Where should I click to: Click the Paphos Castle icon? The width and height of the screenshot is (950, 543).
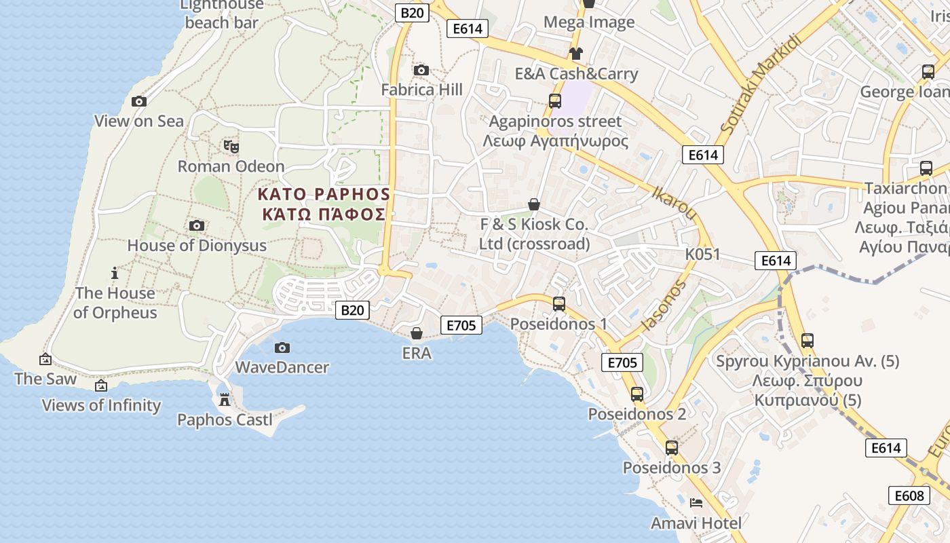225,400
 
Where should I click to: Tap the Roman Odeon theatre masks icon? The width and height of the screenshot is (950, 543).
231,146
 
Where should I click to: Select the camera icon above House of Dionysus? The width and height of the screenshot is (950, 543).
197,225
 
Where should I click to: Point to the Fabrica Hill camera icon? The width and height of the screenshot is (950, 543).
421,70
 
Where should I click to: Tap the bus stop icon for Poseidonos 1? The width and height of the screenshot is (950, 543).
559,304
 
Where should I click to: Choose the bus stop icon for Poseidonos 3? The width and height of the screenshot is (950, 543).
672,448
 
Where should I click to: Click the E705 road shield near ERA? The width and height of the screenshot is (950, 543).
461,325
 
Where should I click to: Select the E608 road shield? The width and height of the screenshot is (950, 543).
909,495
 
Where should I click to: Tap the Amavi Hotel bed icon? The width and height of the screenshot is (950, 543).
696,503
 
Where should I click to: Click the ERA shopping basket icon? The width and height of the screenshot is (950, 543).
417,333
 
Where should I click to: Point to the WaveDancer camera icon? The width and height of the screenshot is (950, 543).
282,348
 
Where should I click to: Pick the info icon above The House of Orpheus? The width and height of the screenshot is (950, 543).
115,274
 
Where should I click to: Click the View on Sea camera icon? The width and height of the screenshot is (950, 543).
139,101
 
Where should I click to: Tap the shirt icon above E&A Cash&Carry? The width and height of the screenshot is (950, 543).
575,54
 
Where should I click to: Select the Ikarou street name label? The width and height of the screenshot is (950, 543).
673,202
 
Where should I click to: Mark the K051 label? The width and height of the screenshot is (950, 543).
702,255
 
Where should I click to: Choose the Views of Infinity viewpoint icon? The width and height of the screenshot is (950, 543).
101,386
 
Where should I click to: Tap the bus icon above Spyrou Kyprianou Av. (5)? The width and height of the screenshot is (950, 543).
807,341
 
